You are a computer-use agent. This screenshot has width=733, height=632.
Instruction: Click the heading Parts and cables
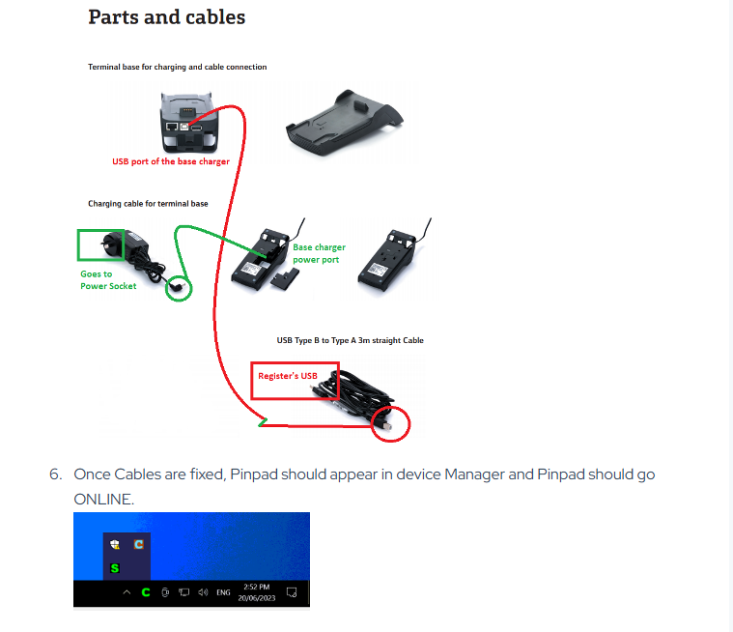pyautogui.click(x=166, y=17)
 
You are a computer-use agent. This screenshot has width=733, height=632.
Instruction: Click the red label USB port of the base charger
pyautogui.click(x=171, y=161)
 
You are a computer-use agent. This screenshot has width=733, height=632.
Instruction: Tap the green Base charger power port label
pyautogui.click(x=320, y=253)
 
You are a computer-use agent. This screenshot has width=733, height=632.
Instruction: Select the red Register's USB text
pyautogui.click(x=288, y=376)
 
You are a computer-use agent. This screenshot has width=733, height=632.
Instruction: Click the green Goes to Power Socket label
pyautogui.click(x=108, y=279)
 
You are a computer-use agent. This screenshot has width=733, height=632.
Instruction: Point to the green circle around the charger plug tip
pyautogui.click(x=179, y=288)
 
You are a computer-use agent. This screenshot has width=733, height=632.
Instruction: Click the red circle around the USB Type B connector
pyautogui.click(x=390, y=424)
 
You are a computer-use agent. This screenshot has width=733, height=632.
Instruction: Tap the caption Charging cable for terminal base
pyautogui.click(x=148, y=204)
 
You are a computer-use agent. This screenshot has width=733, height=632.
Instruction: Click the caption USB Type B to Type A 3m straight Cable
pyautogui.click(x=351, y=340)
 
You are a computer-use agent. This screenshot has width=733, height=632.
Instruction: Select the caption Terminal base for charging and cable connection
pyautogui.click(x=177, y=67)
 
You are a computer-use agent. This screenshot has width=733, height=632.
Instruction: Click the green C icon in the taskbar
pyautogui.click(x=146, y=592)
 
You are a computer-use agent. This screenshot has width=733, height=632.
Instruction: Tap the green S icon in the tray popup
pyautogui.click(x=115, y=568)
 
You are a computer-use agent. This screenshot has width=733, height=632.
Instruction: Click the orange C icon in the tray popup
pyautogui.click(x=138, y=544)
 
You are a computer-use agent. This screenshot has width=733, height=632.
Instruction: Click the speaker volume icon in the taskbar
pyautogui.click(x=203, y=592)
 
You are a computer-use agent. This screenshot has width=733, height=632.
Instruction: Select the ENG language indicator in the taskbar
pyautogui.click(x=223, y=592)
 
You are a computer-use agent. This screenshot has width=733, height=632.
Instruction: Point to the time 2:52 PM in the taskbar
pyautogui.click(x=257, y=587)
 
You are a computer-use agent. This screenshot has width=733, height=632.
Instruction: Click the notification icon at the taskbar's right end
pyautogui.click(x=292, y=592)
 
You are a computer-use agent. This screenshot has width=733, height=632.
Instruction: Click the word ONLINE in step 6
pyautogui.click(x=103, y=500)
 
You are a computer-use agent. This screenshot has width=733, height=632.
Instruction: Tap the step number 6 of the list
pyautogui.click(x=56, y=474)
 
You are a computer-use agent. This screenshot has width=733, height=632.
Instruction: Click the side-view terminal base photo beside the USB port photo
pyautogui.click(x=345, y=123)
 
